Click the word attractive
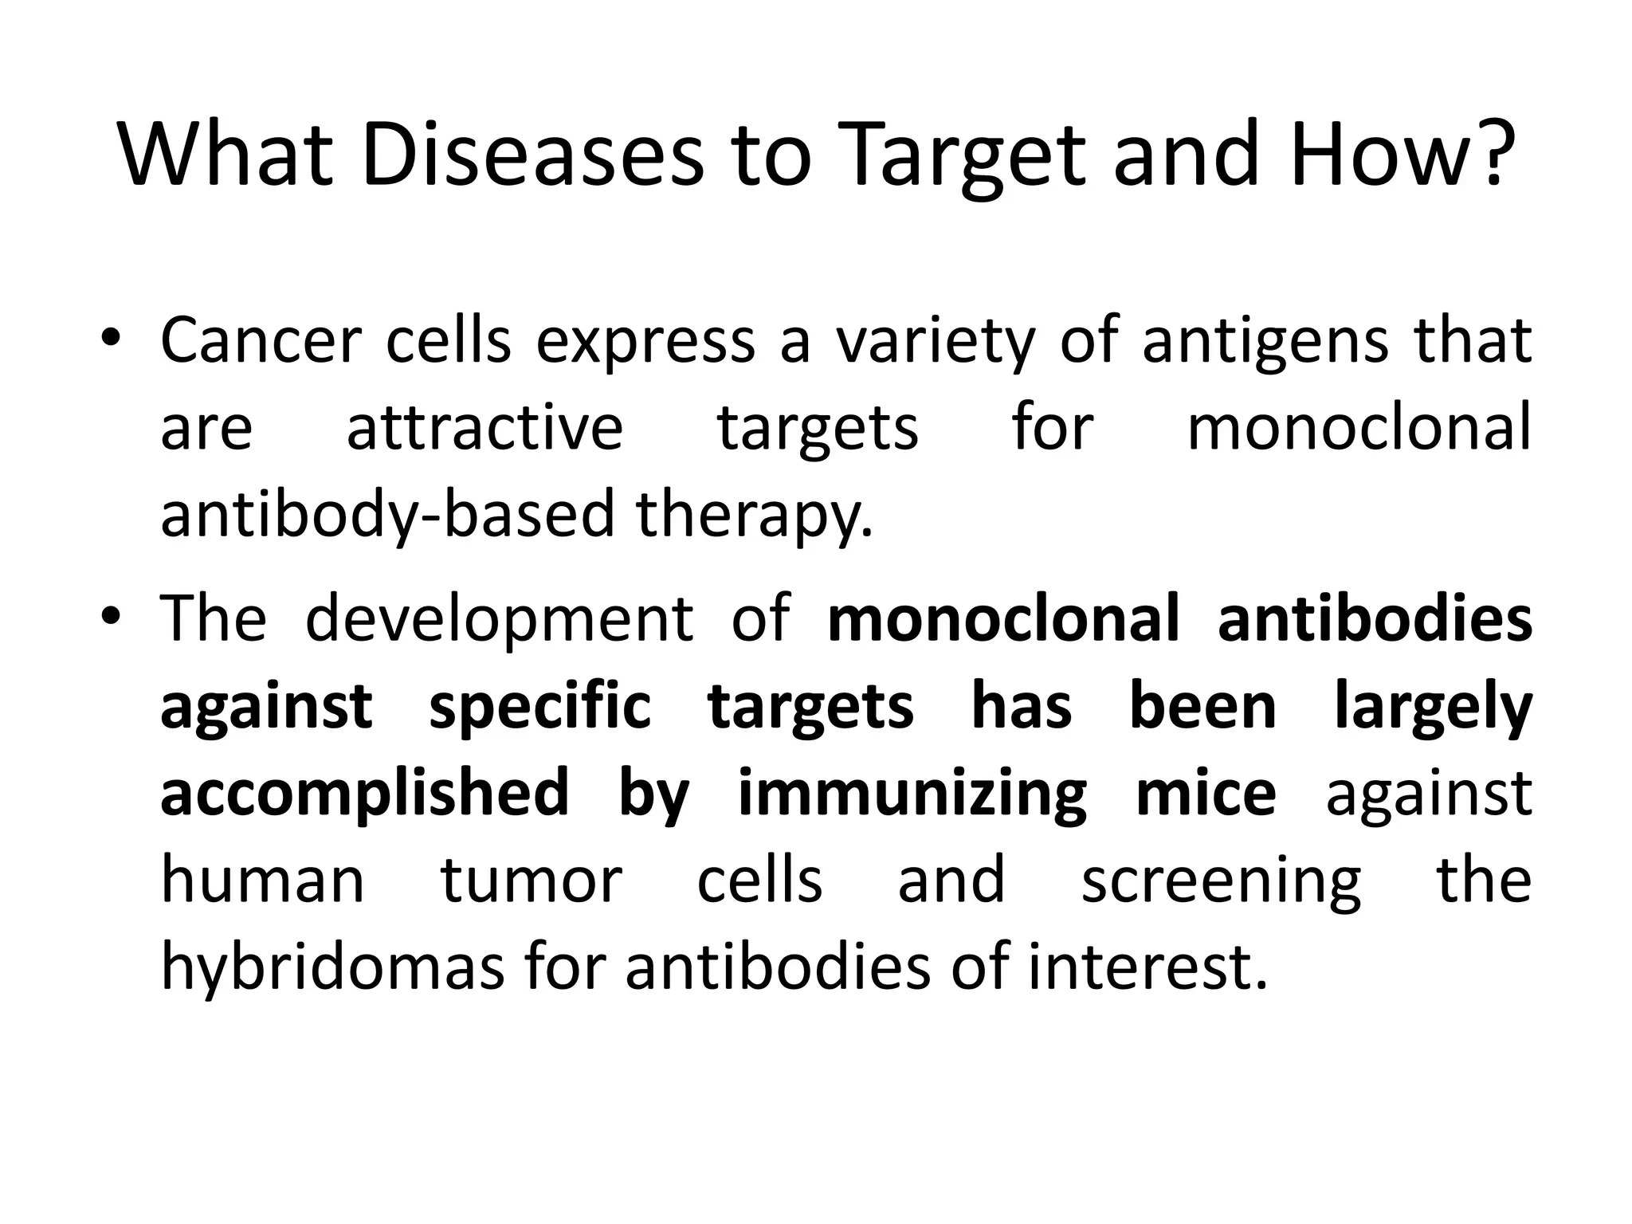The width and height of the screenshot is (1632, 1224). (484, 429)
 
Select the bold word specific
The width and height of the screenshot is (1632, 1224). (539, 708)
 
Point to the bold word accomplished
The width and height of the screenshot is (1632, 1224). (364, 794)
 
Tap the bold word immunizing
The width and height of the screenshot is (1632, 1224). (912, 794)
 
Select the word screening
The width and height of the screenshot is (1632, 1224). (1221, 883)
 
